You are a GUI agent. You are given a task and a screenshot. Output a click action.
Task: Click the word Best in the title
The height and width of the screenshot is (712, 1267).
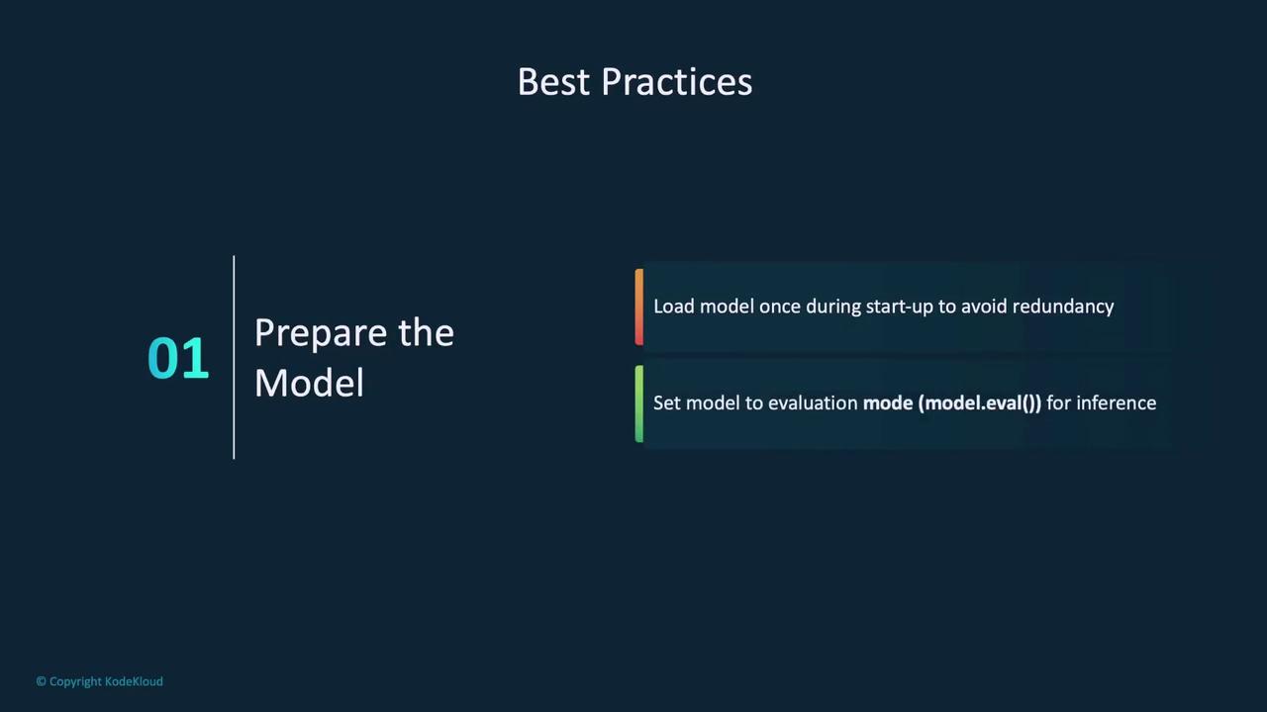(x=554, y=82)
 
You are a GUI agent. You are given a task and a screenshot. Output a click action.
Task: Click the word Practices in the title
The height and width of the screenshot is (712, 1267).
(x=676, y=82)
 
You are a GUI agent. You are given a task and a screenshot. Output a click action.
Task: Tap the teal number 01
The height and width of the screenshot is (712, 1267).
(x=177, y=358)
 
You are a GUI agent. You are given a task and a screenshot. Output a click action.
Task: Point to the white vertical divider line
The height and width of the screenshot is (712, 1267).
(x=234, y=357)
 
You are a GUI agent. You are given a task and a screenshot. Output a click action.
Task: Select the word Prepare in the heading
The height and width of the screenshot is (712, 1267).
(x=321, y=334)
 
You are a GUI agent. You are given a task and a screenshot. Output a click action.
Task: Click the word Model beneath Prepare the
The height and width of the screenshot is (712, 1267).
(x=309, y=383)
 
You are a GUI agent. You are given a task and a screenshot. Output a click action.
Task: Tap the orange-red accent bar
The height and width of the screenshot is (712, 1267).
(x=639, y=307)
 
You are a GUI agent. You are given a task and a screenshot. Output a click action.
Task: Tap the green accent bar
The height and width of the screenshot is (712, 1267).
(x=639, y=403)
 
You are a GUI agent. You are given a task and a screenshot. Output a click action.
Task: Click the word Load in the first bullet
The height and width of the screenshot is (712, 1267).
(x=674, y=307)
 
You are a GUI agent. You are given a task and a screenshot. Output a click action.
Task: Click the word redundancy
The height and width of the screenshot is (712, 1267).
(x=1063, y=307)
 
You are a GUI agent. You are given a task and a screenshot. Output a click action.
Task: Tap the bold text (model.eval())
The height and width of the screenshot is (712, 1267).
(x=980, y=403)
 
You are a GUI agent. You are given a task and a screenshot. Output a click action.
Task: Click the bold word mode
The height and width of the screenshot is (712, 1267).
(x=888, y=402)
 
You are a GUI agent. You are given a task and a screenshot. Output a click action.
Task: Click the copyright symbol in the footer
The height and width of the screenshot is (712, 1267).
(x=42, y=681)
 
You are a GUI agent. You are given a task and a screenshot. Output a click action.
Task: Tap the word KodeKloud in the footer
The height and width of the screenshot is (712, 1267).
(x=134, y=681)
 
